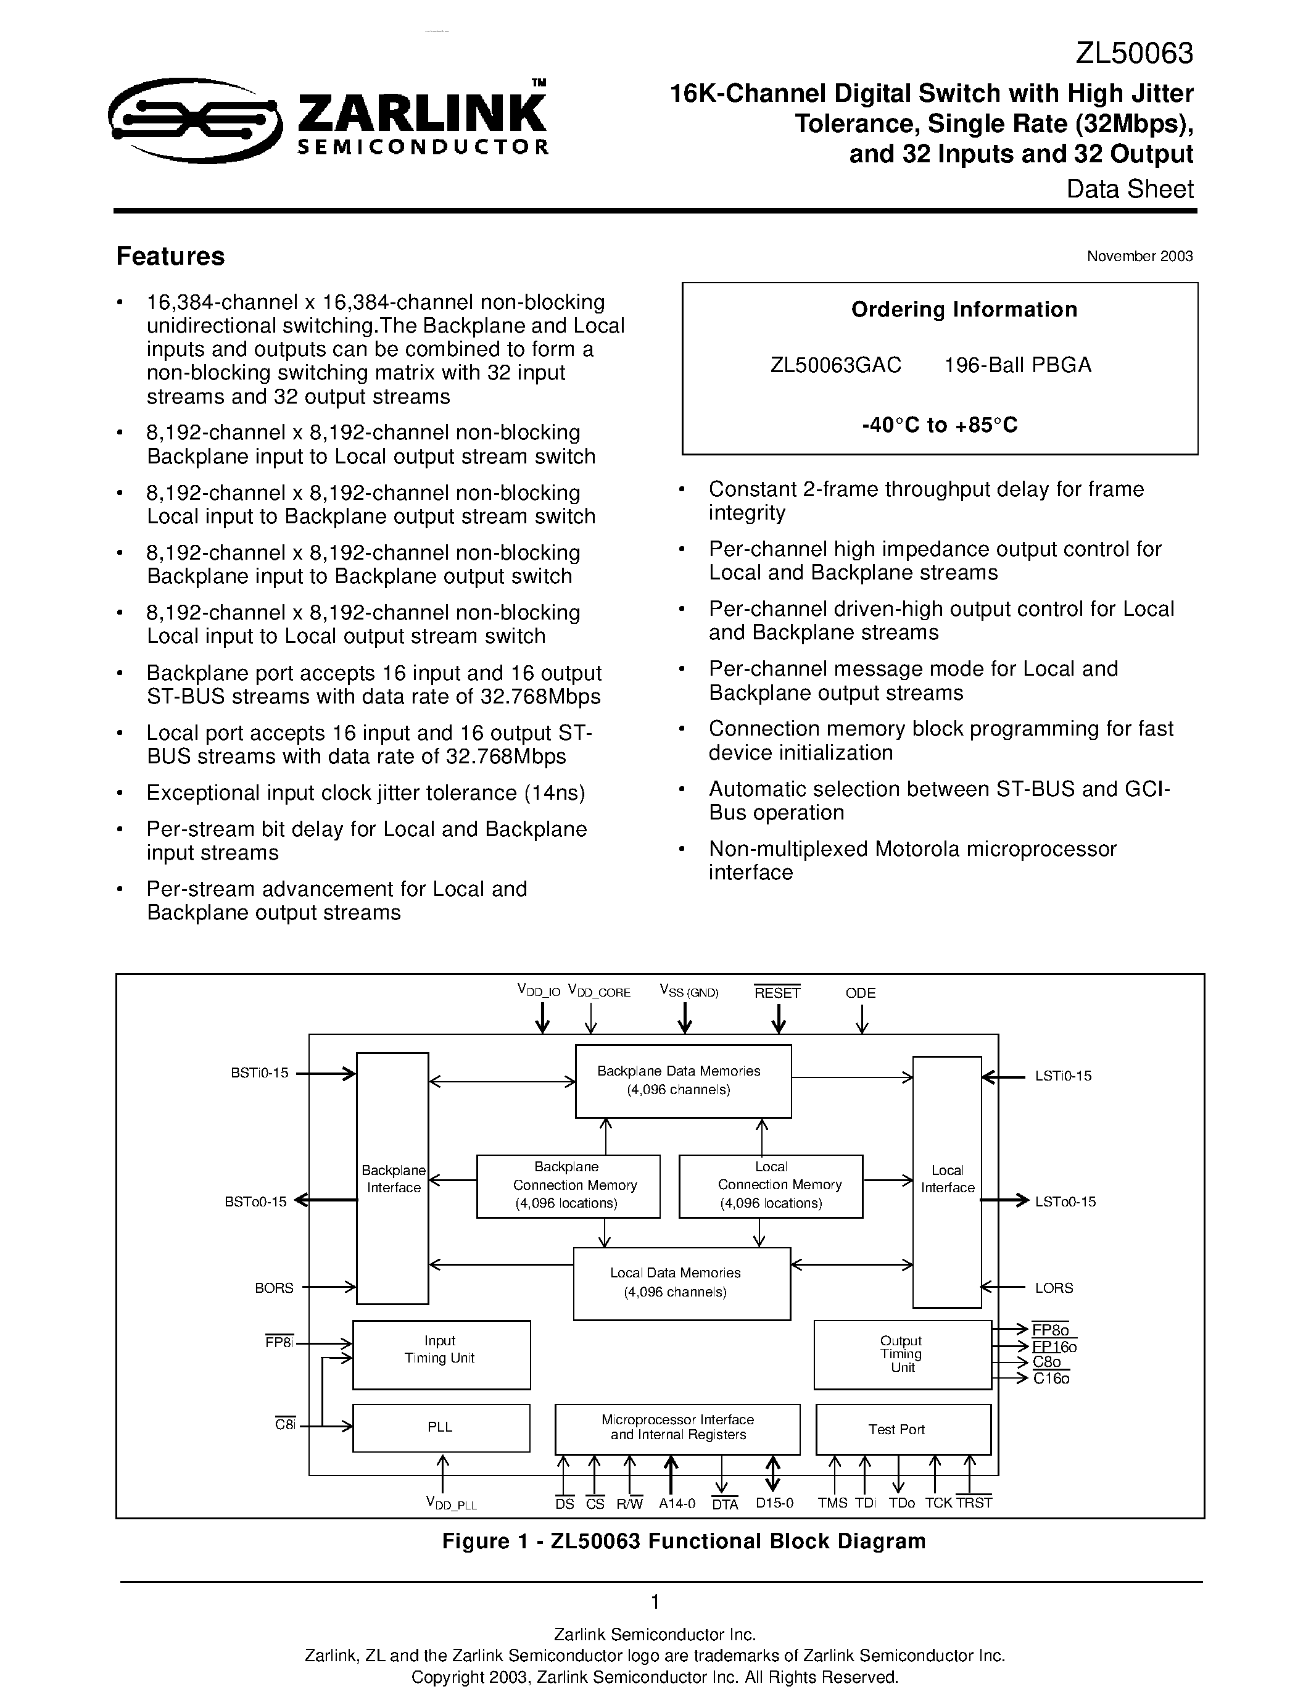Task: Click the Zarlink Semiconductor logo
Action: tap(329, 121)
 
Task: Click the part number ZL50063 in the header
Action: tap(1133, 54)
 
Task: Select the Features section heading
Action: tap(170, 257)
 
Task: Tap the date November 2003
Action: tap(1139, 257)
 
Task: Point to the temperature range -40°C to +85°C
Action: tap(939, 425)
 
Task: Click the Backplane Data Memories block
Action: tap(683, 1081)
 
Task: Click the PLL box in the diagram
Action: tap(440, 1427)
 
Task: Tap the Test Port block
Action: tap(903, 1429)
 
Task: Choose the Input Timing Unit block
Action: tap(440, 1355)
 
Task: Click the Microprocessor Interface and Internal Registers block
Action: tap(677, 1429)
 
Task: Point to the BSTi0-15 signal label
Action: tap(259, 1073)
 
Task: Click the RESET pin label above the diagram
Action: tap(777, 993)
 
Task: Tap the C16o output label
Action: tap(1051, 1379)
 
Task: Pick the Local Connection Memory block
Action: tap(771, 1185)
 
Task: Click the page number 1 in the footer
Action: tap(655, 1602)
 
